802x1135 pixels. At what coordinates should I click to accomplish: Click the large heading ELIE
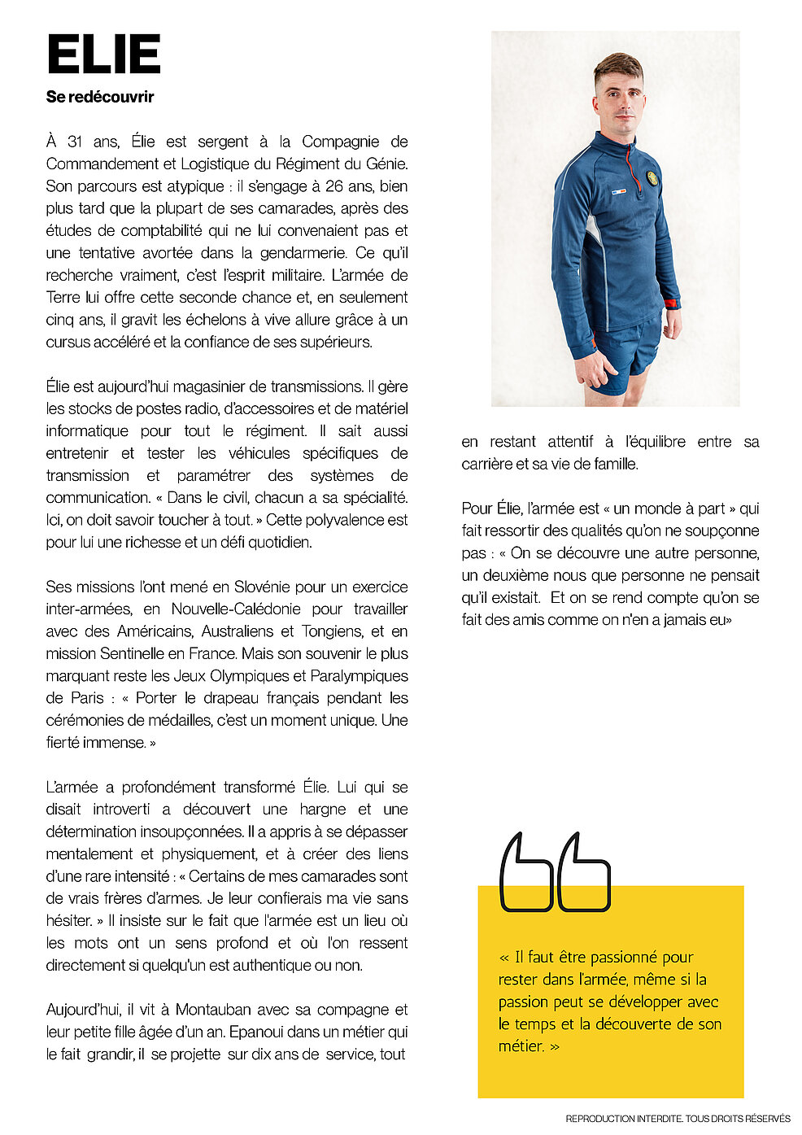[x=103, y=55]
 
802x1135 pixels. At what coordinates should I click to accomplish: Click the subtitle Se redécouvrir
[x=100, y=97]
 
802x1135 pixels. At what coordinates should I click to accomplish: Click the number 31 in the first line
[x=75, y=142]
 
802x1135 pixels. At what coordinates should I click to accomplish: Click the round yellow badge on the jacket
[x=652, y=177]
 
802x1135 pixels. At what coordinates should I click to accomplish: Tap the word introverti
[x=121, y=810]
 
